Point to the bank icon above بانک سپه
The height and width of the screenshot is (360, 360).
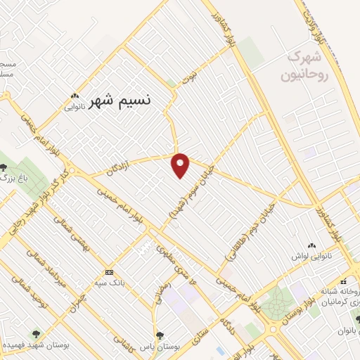coord(108,272)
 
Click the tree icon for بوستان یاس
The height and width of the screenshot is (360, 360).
coord(159,335)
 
